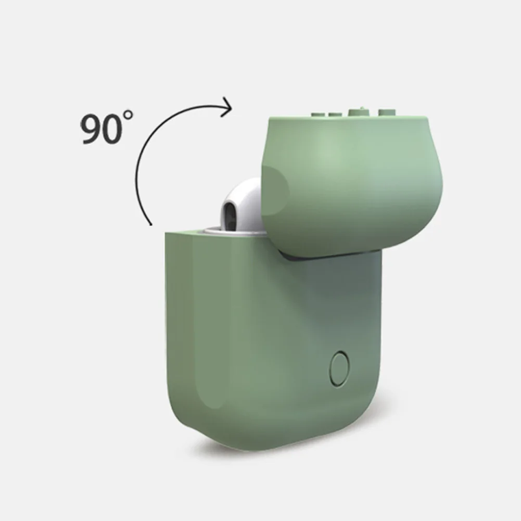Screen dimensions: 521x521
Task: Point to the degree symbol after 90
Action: coord(128,116)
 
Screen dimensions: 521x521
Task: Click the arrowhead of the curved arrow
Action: coord(228,107)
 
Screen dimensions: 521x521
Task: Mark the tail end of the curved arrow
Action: coord(151,225)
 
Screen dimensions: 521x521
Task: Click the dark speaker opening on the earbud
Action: coord(230,214)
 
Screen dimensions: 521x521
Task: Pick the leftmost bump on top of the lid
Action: coord(318,115)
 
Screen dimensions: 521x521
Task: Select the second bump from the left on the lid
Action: coord(335,115)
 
